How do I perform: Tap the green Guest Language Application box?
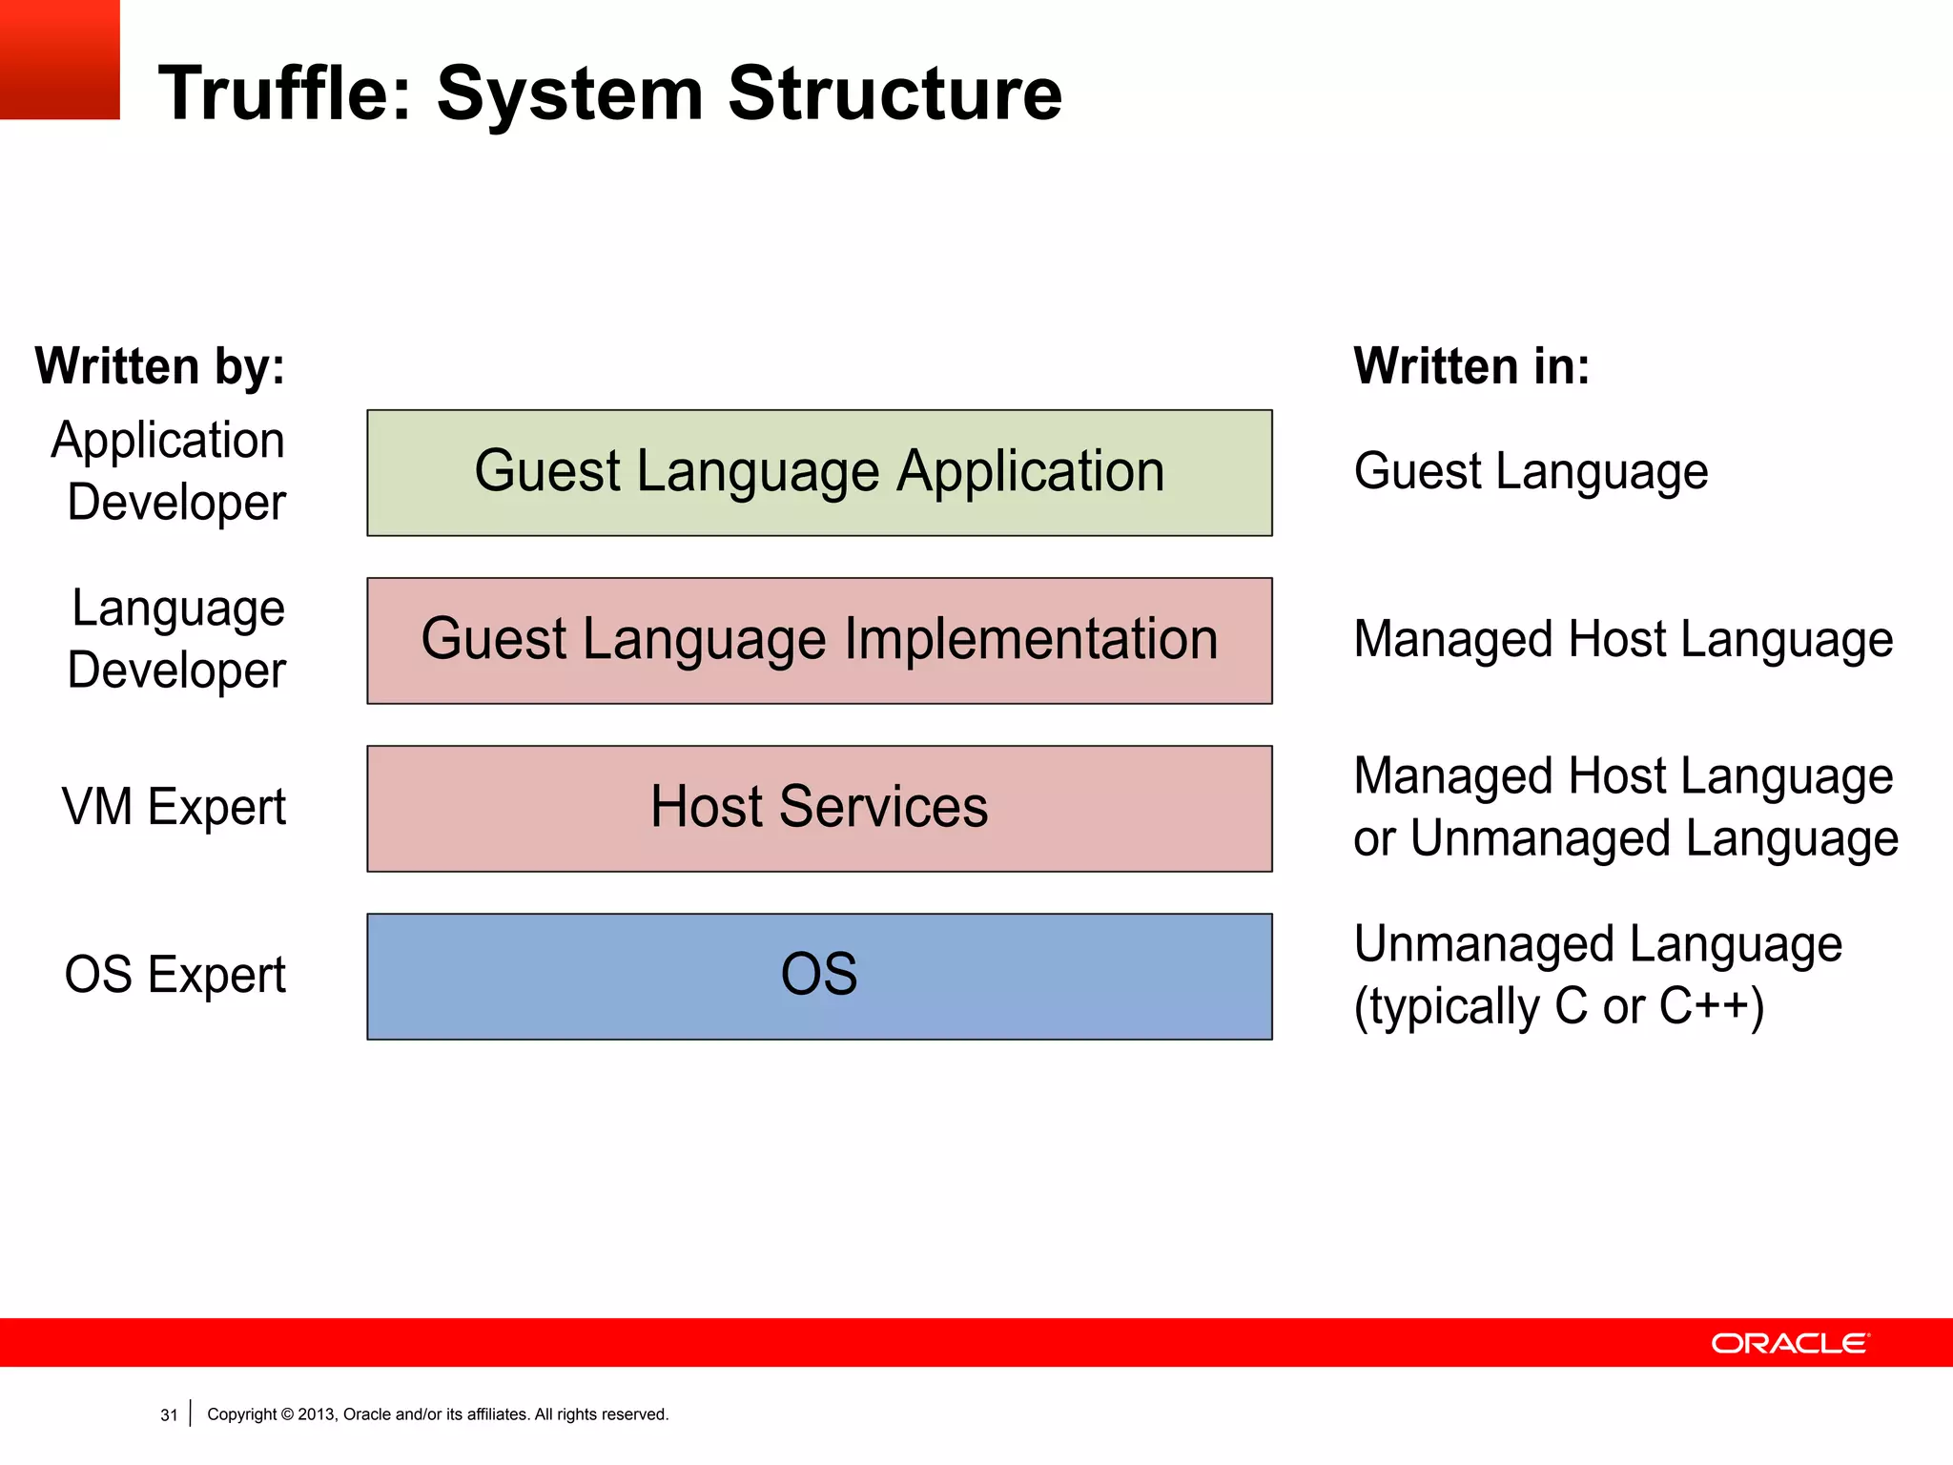[819, 472]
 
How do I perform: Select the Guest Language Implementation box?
[819, 640]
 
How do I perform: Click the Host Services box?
[819, 808]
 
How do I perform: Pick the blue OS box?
[819, 976]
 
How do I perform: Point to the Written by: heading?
[160, 366]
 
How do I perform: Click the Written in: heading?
[1471, 366]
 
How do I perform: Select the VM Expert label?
[174, 807]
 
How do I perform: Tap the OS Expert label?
[175, 975]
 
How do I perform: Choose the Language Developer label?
[176, 639]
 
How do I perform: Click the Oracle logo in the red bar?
[1790, 1343]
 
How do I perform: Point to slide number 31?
[169, 1415]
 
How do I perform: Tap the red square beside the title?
[59, 59]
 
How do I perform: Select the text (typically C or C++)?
[1559, 1007]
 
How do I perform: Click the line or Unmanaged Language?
[1625, 839]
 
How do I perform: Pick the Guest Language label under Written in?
[1531, 472]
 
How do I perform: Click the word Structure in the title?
[894, 93]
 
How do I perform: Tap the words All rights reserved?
[601, 1414]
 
